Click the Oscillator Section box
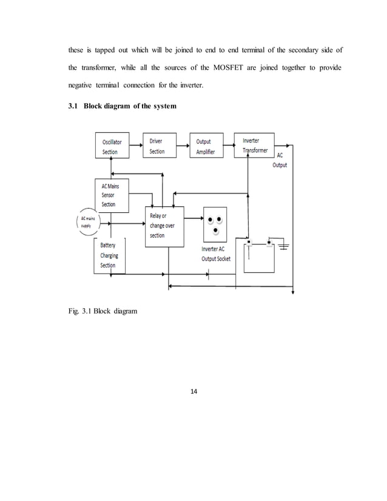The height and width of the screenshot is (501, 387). pyautogui.click(x=112, y=146)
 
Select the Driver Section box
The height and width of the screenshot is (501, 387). pyautogui.click(x=160, y=146)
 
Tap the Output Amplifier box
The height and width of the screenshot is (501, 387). pyautogui.click(x=206, y=146)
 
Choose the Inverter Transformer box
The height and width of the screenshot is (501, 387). pyautogui.click(x=254, y=145)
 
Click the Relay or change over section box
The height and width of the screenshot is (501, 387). pyautogui.click(x=164, y=226)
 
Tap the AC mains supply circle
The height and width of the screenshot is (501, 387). pyautogui.click(x=84, y=221)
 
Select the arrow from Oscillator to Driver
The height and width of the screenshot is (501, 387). pyautogui.click(x=136, y=143)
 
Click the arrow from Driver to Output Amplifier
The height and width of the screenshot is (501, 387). pyautogui.click(x=183, y=143)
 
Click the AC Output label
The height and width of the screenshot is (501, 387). pyautogui.click(x=280, y=160)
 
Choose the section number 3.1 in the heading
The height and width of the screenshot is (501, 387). pyautogui.click(x=72, y=107)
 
